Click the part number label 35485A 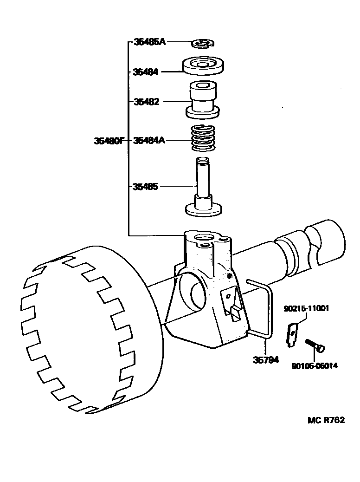pos(149,42)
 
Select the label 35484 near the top pos(146,72)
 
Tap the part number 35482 pos(146,102)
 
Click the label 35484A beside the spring pos(149,140)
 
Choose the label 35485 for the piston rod pos(146,187)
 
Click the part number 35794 pos(266,359)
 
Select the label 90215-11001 pos(307,308)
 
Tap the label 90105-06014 pos(315,365)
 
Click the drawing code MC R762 pos(326,420)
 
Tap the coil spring pos(203,138)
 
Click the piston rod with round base pos(203,190)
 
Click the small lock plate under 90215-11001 pos(292,334)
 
